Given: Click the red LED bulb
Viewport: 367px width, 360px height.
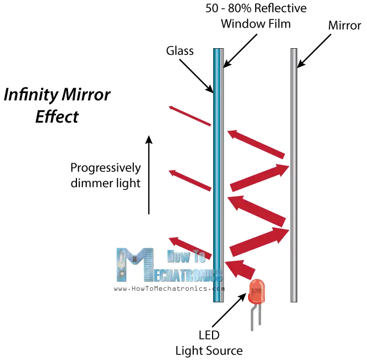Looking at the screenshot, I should point(256,292).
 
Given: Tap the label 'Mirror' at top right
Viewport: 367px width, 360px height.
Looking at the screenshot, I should point(345,26).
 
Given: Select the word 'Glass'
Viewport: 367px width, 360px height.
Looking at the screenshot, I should point(180,52).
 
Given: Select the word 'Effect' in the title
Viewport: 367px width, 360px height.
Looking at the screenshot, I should point(57,117).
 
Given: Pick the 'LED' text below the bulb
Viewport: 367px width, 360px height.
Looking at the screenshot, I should point(209,336).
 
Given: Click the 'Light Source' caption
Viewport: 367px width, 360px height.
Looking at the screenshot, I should point(209,351).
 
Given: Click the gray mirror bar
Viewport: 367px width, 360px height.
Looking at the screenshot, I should point(293,177).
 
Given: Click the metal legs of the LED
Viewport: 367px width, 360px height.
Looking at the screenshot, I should point(254,320).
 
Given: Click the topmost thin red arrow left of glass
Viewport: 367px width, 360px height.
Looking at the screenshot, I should point(190,116).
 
